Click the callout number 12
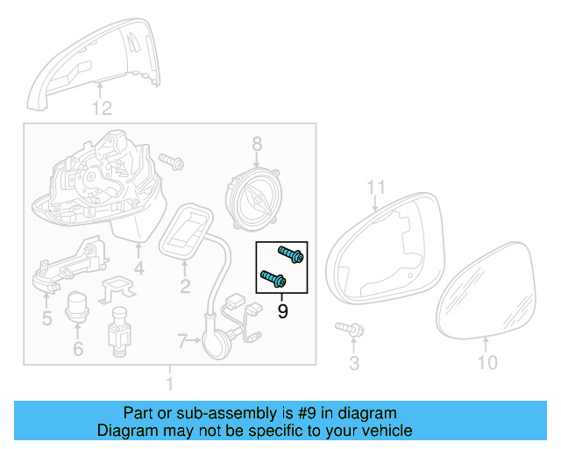pos(103,109)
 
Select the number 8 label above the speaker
pos(257,143)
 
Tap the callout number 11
pos(376,187)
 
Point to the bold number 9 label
pos(282,310)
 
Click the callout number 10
pos(486,362)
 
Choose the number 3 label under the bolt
pos(354,362)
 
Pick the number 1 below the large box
pos(170,383)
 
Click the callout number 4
pos(138,269)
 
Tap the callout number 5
pos(46,317)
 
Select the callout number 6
pos(77,349)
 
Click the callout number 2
pos(185,286)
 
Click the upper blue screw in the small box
pos(291,254)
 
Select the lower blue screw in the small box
pos(274,280)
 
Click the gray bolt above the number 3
pos(351,331)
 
